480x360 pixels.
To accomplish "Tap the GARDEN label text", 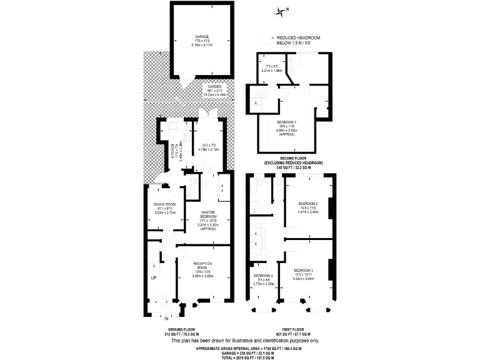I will click(206, 87).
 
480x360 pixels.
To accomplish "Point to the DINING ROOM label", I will click(166, 204).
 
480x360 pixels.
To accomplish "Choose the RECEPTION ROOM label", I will click(203, 264).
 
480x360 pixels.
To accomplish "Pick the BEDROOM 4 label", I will click(263, 276).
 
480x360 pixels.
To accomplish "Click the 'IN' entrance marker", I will click(167, 319).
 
